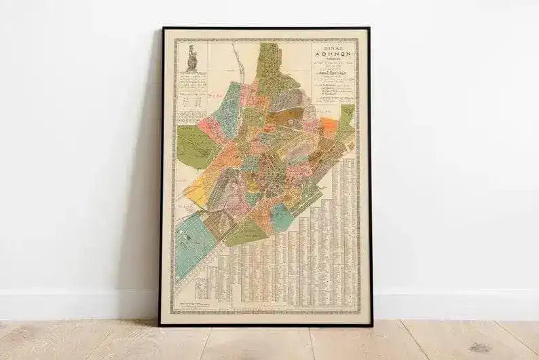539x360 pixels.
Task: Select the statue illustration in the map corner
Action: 192,58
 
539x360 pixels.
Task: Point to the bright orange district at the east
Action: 328,126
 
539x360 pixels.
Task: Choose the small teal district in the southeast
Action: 280,218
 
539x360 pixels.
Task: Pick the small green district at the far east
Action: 347,114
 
